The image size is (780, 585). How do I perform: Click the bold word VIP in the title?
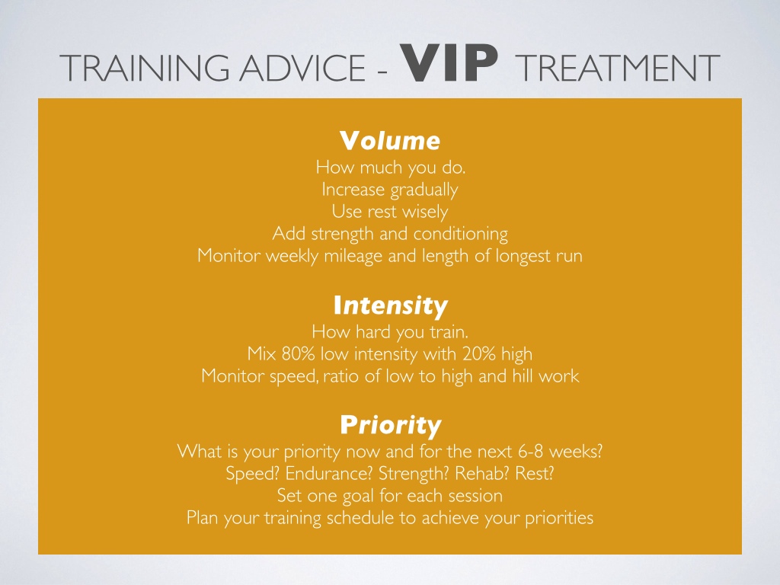pos(452,63)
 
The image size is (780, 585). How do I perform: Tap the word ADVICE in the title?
pos(302,68)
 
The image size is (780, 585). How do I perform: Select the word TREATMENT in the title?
pos(617,68)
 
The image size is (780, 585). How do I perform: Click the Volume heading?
pos(390,141)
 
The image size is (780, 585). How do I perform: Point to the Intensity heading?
pos(391,306)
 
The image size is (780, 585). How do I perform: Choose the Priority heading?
pos(391,425)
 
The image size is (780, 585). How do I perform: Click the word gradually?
pos(424,190)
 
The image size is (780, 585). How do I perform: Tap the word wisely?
pos(425,212)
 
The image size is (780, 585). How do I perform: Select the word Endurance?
pos(329,473)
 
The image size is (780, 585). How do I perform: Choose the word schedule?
pos(360,518)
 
